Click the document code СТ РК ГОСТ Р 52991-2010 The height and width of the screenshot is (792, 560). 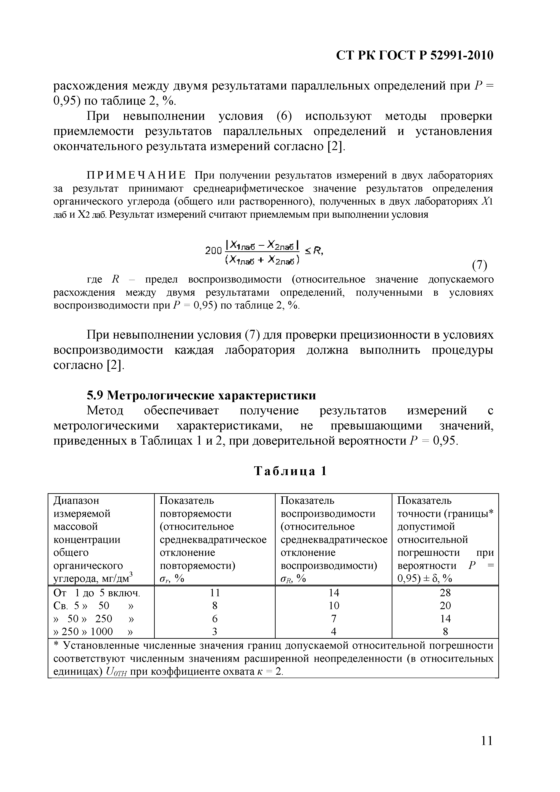tap(415, 55)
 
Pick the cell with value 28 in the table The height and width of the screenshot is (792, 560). tap(445, 593)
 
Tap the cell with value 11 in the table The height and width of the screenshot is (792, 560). tap(215, 593)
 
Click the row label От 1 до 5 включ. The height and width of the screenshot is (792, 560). tap(97, 593)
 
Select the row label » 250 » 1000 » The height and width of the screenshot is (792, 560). tap(93, 632)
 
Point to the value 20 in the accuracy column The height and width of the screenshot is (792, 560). tap(445, 606)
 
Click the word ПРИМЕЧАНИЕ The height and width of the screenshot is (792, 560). tap(136, 176)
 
